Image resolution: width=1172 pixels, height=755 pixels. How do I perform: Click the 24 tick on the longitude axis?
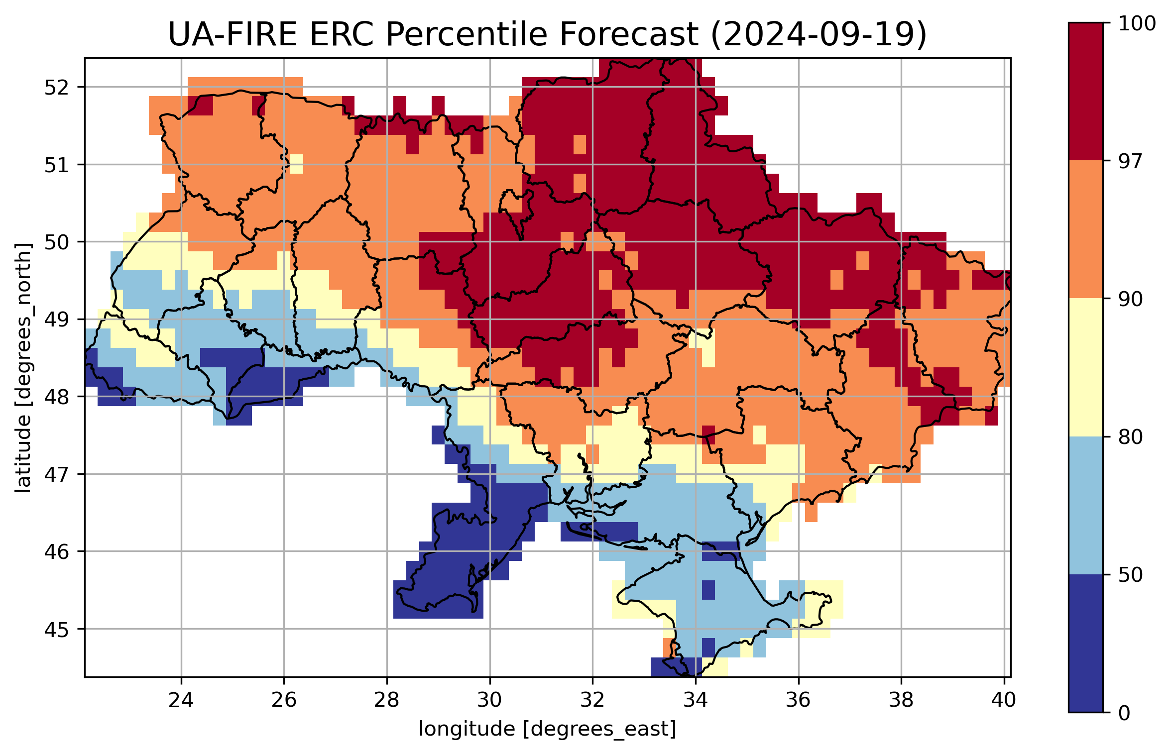tap(181, 700)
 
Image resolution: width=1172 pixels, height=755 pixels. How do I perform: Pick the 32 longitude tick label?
tap(592, 700)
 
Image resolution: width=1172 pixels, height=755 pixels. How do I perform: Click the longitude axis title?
tap(547, 729)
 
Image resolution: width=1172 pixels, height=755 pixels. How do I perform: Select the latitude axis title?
tap(23, 368)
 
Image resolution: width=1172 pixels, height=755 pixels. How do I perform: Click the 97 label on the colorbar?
tap(1130, 161)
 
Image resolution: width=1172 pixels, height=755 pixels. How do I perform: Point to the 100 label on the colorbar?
tap(1137, 23)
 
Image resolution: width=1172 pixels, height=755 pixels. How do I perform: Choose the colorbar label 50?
tap(1130, 575)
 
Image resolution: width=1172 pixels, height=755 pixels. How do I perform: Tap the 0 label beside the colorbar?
tap(1124, 713)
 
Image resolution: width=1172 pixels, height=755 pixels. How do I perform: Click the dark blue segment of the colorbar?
tap(1086, 643)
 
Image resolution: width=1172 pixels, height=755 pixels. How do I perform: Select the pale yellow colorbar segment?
tap(1086, 367)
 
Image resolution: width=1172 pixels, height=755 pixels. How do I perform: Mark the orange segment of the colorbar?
tap(1086, 229)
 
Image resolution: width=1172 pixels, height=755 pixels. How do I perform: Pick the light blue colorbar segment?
tap(1086, 505)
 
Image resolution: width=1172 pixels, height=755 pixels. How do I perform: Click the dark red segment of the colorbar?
tap(1086, 91)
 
